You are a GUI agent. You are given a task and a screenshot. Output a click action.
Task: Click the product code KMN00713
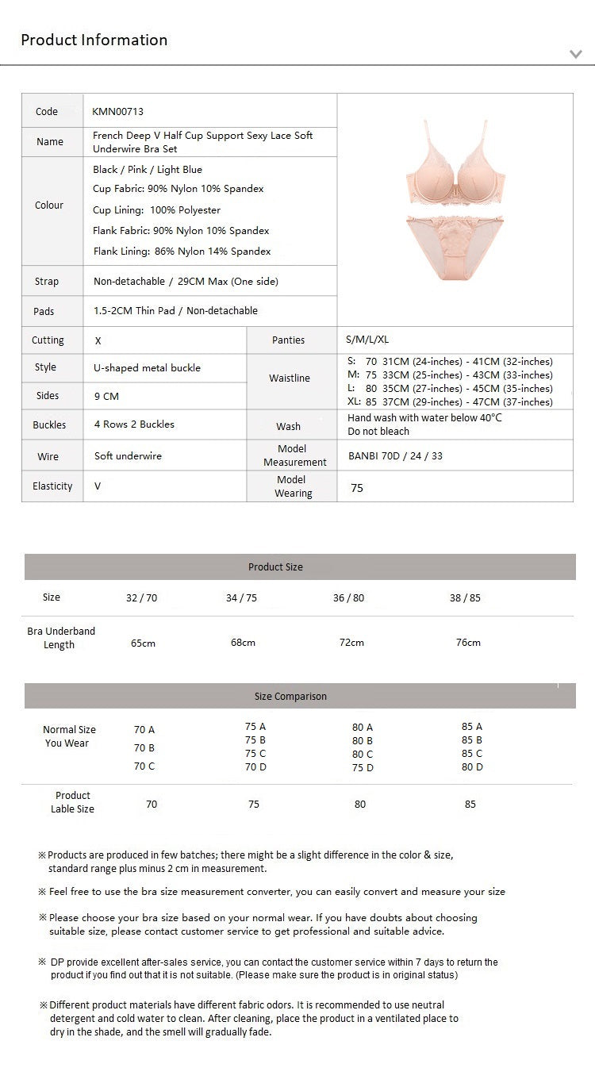tap(117, 112)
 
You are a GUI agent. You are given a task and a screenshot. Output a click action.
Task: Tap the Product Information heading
tap(94, 40)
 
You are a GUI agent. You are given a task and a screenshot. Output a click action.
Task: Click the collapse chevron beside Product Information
tap(576, 54)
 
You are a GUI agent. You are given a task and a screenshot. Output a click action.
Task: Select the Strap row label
tap(47, 282)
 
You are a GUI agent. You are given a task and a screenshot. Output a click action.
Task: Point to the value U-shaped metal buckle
tap(148, 368)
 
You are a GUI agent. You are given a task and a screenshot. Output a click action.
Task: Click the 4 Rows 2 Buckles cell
tap(134, 424)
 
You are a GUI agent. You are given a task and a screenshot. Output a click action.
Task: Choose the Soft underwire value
tap(128, 456)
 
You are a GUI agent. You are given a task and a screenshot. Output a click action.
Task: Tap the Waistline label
tap(290, 378)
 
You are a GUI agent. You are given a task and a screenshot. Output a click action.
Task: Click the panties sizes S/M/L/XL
tap(367, 340)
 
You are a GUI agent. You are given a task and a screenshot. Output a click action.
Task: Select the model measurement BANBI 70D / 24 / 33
tap(395, 456)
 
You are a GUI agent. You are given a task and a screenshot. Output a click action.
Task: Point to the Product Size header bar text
tap(275, 567)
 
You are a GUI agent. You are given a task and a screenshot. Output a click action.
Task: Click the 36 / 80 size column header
tap(349, 598)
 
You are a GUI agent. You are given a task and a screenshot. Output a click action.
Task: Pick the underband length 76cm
tap(468, 643)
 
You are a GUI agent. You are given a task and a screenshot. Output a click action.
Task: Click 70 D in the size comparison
tap(255, 767)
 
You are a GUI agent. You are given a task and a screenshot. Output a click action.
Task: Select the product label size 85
tap(470, 805)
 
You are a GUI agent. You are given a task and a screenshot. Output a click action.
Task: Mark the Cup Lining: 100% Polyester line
tap(156, 210)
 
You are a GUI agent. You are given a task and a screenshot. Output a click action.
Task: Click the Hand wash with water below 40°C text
tap(424, 417)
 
